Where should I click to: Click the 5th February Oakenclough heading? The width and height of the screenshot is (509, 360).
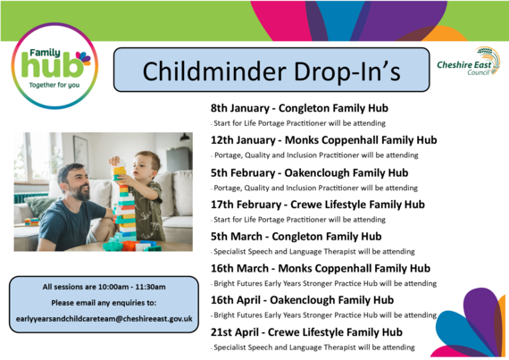click(309, 172)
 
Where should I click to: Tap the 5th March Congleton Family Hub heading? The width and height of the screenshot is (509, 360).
click(296, 236)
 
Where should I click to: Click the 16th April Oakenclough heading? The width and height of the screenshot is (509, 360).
click(302, 299)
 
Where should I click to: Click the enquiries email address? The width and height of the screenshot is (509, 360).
click(104, 318)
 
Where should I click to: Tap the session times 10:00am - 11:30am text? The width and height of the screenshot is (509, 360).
click(104, 286)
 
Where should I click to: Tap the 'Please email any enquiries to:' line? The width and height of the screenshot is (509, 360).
click(104, 302)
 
